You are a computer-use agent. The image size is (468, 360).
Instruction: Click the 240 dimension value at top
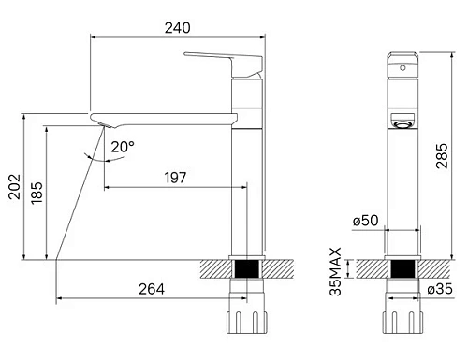[x=168, y=28]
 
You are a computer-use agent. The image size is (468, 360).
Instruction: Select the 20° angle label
[x=122, y=146]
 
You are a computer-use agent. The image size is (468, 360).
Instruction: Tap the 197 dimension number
[x=175, y=177]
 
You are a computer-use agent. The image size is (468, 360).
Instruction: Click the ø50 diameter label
[x=365, y=221]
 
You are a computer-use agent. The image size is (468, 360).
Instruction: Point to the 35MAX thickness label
[x=335, y=272]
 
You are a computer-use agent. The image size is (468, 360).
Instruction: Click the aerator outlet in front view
[x=402, y=122]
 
